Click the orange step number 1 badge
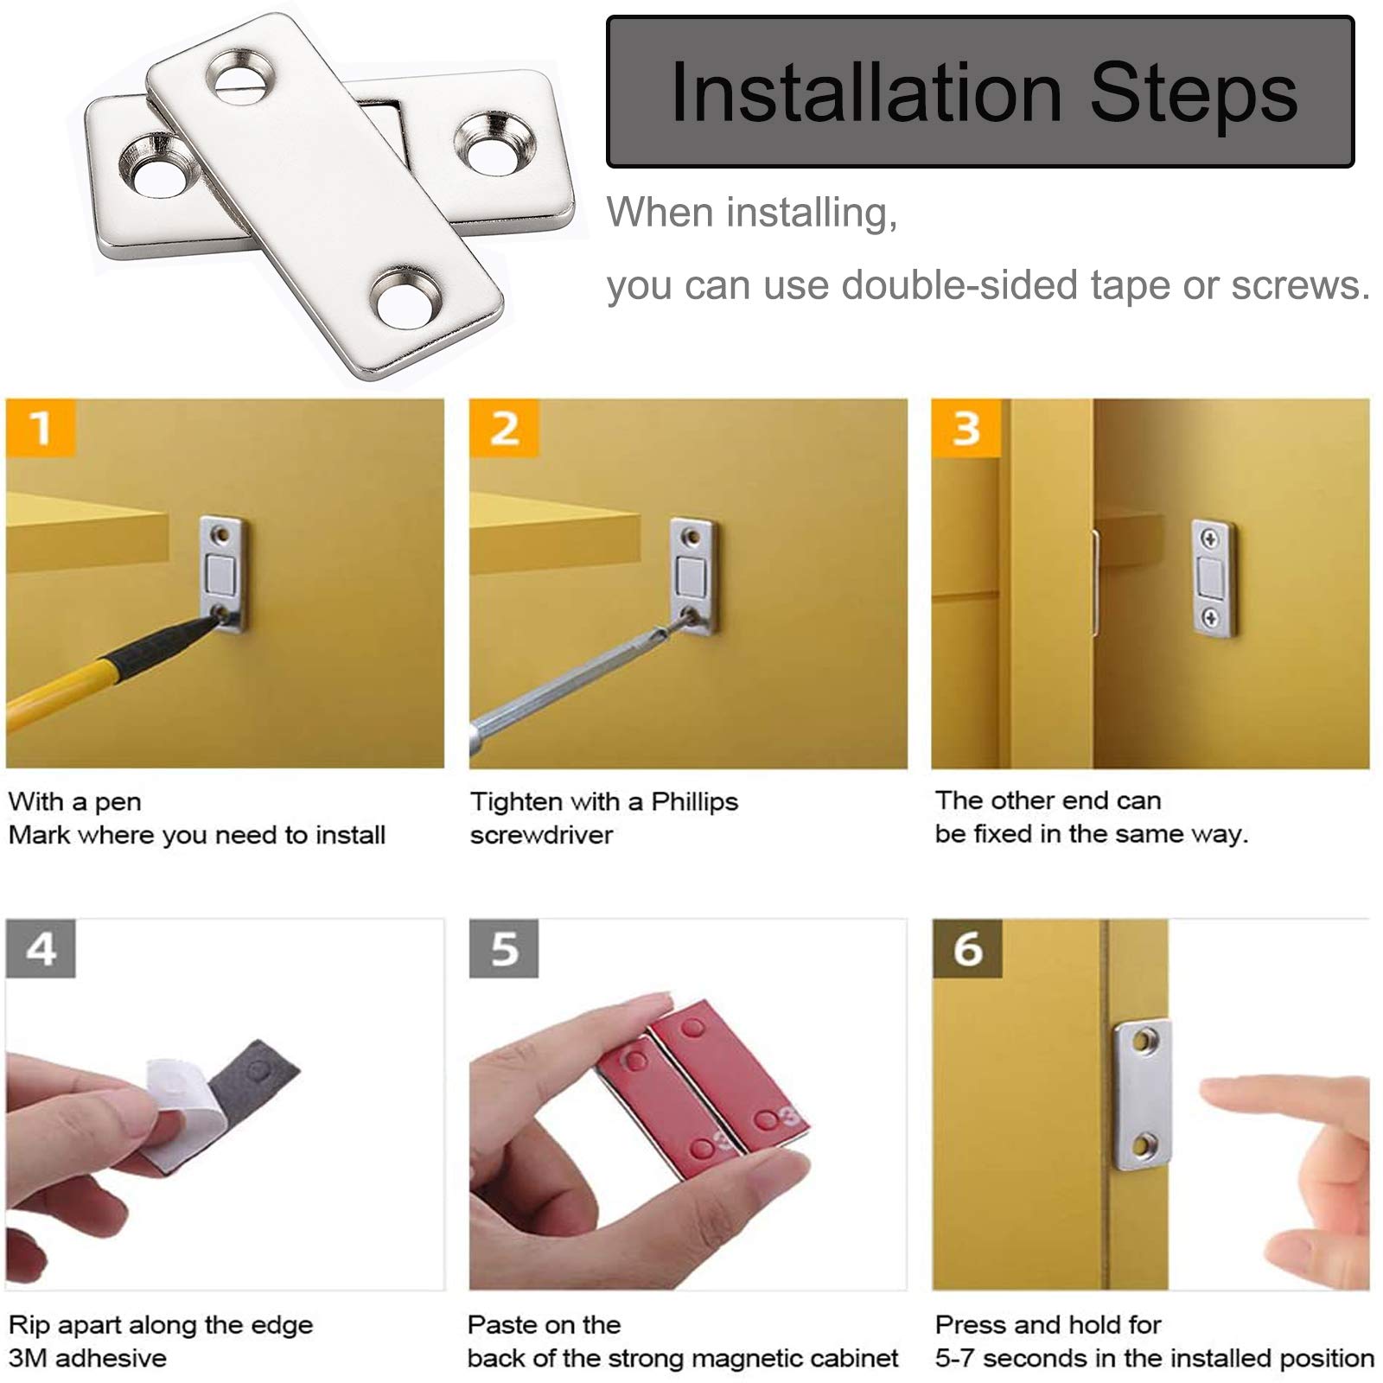coord(41,427)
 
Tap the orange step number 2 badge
coord(504,427)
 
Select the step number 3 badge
coord(966,427)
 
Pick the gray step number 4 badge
coord(41,948)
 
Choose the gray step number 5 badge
coord(504,948)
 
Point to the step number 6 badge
coord(967,948)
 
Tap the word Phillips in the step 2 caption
coord(694,801)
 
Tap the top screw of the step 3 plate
coord(1210,540)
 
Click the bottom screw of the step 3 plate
coord(1211,617)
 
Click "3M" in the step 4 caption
coord(27,1358)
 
